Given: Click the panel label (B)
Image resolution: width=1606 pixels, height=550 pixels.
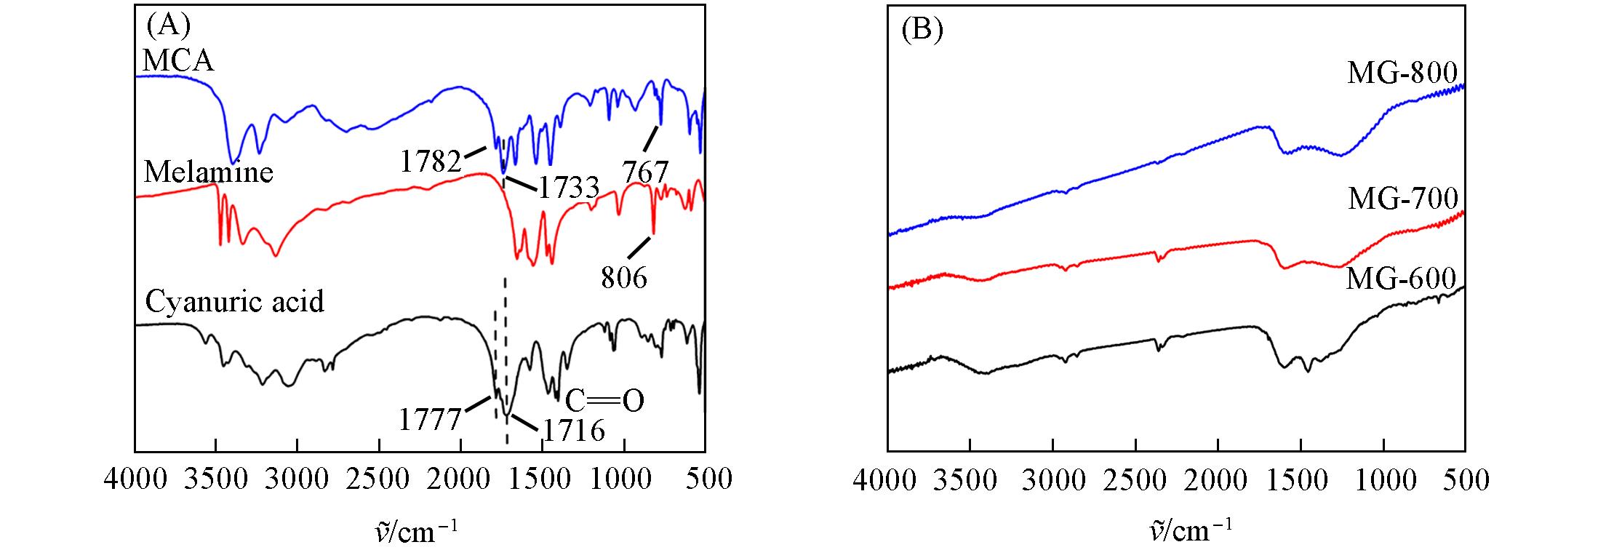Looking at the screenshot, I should coord(922,31).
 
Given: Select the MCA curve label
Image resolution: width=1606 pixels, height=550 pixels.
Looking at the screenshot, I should coord(178,61).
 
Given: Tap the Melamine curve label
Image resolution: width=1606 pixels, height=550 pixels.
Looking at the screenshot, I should coord(209,172).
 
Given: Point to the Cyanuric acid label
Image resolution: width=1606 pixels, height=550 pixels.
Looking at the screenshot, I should coord(234,300).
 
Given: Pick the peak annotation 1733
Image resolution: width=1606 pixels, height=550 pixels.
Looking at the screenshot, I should coord(568,188).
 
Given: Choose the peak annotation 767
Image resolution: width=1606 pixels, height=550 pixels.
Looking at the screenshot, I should coord(645,172).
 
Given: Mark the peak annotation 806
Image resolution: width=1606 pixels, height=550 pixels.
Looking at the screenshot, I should coord(624,278).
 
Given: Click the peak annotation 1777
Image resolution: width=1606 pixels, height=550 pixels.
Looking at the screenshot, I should coord(430,420).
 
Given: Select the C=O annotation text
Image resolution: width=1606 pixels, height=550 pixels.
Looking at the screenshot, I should coord(604,401).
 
